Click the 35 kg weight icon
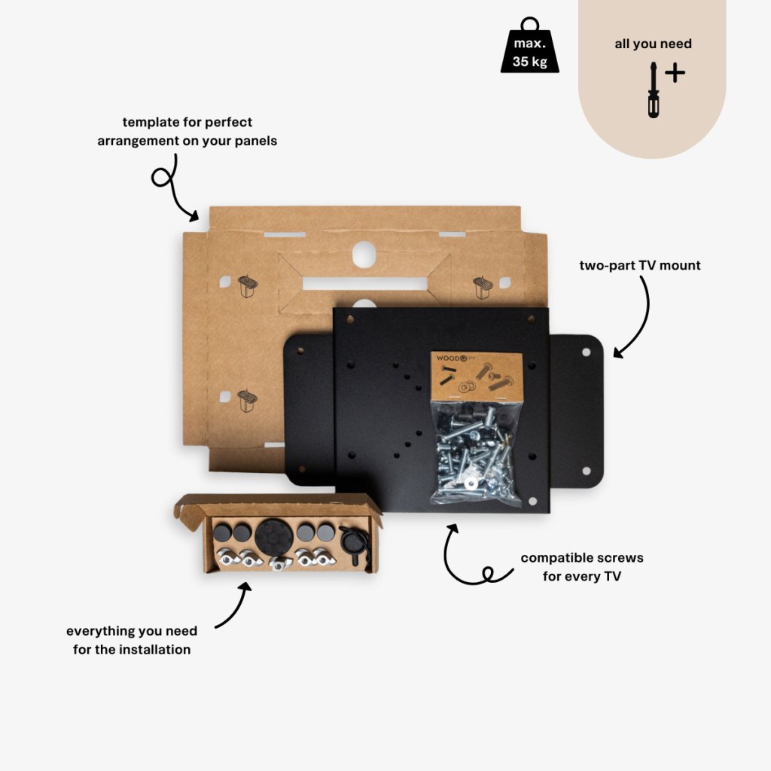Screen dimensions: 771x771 click(x=530, y=49)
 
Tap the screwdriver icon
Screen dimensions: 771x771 click(x=654, y=91)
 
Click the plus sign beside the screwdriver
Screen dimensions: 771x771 click(x=675, y=73)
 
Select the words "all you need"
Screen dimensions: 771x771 click(x=653, y=44)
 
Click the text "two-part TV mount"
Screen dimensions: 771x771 click(x=640, y=265)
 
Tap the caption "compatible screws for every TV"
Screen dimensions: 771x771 click(x=582, y=567)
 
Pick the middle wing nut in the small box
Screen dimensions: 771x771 click(x=279, y=562)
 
